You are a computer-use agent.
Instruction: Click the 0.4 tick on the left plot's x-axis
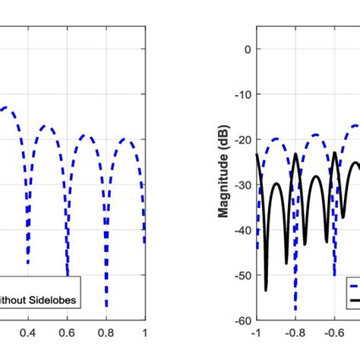[28, 333]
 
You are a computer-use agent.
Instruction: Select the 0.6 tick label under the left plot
[67, 333]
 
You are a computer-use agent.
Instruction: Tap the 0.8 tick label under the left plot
[106, 333]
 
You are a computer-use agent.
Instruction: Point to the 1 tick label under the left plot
[144, 333]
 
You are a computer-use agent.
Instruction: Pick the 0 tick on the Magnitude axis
[245, 49]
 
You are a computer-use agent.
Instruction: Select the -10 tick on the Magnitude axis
[240, 95]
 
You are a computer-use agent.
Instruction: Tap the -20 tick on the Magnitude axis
[240, 140]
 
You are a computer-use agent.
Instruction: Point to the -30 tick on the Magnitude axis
[240, 185]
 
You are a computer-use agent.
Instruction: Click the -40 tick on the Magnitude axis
[240, 230]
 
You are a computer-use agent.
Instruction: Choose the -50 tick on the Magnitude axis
[240, 276]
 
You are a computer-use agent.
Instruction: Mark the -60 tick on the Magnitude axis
[240, 321]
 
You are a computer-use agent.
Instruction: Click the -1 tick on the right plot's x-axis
[257, 333]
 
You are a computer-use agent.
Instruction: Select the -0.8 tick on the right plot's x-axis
[295, 333]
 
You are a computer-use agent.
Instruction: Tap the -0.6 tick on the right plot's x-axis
[333, 333]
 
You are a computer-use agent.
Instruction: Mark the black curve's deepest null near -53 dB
[266, 289]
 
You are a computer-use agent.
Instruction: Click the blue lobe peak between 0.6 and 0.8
[87, 137]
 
